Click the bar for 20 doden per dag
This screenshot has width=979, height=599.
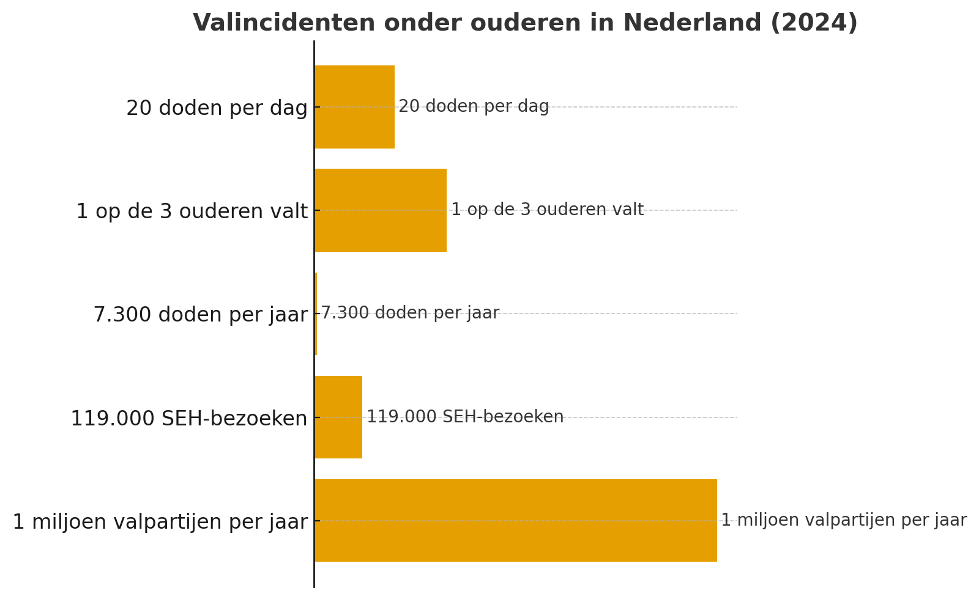coord(354,107)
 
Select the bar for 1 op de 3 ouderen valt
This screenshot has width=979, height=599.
coord(380,210)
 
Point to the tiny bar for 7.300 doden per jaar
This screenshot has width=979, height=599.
coord(316,314)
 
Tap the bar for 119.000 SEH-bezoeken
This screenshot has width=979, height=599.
coord(338,417)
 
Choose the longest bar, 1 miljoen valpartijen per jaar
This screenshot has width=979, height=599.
coord(515,521)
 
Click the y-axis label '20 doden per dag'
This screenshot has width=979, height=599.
coord(217,108)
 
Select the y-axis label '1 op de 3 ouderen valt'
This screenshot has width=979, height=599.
coord(192,211)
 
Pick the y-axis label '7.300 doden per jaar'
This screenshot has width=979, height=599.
coord(200,315)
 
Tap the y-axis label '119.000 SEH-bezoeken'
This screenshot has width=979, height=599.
coord(188,419)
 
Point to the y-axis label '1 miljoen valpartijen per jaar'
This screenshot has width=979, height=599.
coord(160,522)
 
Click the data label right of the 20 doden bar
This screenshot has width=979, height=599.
coord(474,106)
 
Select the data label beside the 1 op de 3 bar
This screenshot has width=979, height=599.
coord(547,210)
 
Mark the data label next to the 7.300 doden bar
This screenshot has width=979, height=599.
coord(410,313)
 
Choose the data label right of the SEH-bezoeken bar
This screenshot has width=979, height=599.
coord(465,417)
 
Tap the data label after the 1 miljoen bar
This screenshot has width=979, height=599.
coord(844,520)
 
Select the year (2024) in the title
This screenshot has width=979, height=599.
coord(814,23)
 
